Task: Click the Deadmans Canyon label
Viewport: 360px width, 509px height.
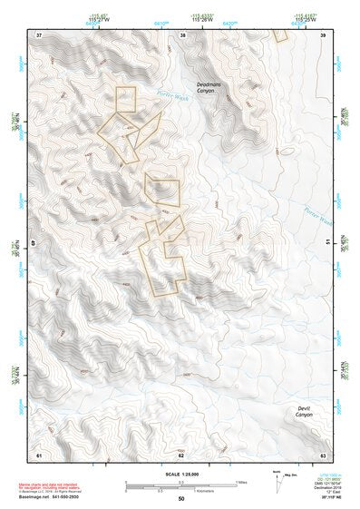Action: pyautogui.click(x=209, y=89)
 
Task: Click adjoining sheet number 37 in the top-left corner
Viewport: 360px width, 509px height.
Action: pyautogui.click(x=39, y=34)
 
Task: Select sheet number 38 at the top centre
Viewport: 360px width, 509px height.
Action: pyautogui.click(x=182, y=34)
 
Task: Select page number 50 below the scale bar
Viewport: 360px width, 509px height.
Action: pyautogui.click(x=180, y=499)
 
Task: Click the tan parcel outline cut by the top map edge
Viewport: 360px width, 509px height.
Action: pyautogui.click(x=280, y=35)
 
